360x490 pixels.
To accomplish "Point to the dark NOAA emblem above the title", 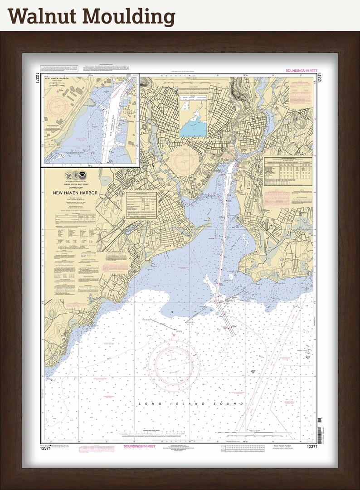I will (81, 175).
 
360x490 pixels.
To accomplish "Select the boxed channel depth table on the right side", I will (288, 171).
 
